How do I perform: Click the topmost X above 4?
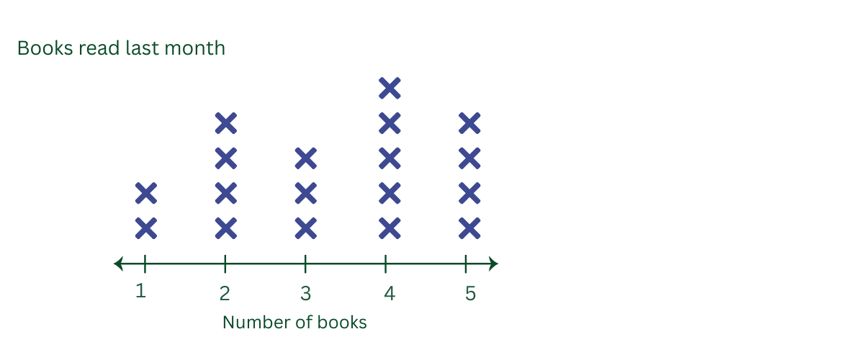[x=390, y=89]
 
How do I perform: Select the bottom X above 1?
[x=146, y=228]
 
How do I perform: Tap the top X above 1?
[x=146, y=193]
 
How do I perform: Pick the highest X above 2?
[x=226, y=123]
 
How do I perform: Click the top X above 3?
[x=306, y=158]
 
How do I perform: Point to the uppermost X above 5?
[x=469, y=123]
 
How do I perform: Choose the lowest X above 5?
[x=469, y=228]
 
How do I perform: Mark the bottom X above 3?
[x=306, y=228]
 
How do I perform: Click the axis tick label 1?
[x=141, y=291]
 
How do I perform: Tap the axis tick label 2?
[x=225, y=294]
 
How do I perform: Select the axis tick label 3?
[x=306, y=294]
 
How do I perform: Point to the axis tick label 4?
[x=390, y=294]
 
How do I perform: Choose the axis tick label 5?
[x=471, y=294]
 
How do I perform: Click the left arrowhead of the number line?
[x=118, y=264]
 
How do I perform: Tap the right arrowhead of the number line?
[x=493, y=264]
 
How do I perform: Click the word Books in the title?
[x=45, y=48]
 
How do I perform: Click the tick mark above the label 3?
[x=305, y=264]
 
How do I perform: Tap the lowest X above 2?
[x=226, y=228]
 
